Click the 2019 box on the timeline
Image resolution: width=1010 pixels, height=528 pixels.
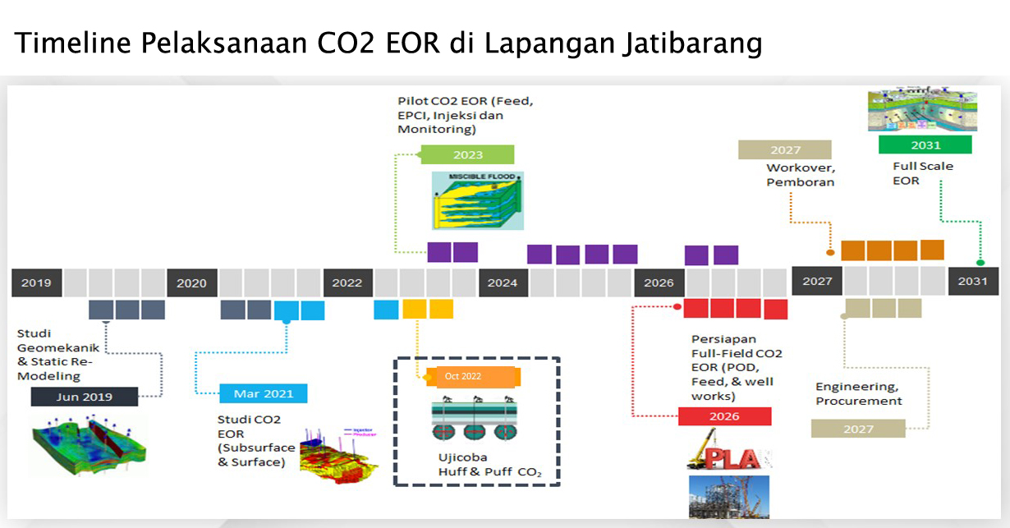pos(37,282)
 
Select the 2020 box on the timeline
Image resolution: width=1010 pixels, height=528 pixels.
pos(192,282)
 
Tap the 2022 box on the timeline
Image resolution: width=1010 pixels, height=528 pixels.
pos(347,282)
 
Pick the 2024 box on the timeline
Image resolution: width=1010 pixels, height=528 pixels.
pos(503,282)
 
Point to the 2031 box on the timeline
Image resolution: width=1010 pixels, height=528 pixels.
pos(973,282)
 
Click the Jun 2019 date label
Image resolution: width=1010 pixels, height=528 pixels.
pos(83,397)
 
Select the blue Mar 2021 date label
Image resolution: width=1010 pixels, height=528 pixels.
pos(264,393)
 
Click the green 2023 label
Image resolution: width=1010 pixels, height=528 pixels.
pos(467,154)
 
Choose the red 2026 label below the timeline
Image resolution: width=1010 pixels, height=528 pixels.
pos(724,416)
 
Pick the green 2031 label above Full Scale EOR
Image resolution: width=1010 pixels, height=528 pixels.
pos(925,145)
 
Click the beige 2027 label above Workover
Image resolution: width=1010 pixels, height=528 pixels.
pos(785,149)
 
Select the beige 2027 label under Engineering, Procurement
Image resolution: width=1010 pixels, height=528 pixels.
pos(857,429)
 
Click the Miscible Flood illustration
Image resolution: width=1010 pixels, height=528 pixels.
pos(477,200)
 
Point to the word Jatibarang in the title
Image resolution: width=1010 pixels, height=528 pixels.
pos(691,44)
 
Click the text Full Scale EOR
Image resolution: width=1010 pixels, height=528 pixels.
pos(911,173)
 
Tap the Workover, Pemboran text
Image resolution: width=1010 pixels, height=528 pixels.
pos(800,175)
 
